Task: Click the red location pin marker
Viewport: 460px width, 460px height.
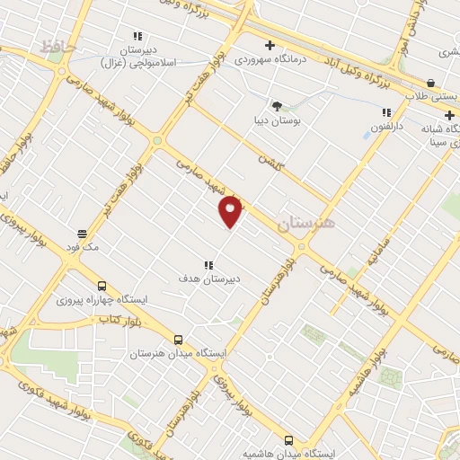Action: click(x=232, y=211)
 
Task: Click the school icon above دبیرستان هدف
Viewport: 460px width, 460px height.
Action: click(x=208, y=265)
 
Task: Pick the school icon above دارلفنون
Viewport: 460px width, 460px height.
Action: click(x=387, y=113)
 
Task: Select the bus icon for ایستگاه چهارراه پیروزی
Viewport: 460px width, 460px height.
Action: click(x=102, y=287)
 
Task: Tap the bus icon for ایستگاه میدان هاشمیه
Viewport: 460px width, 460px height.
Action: click(x=288, y=440)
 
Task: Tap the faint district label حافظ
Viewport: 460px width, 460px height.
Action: click(x=59, y=45)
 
